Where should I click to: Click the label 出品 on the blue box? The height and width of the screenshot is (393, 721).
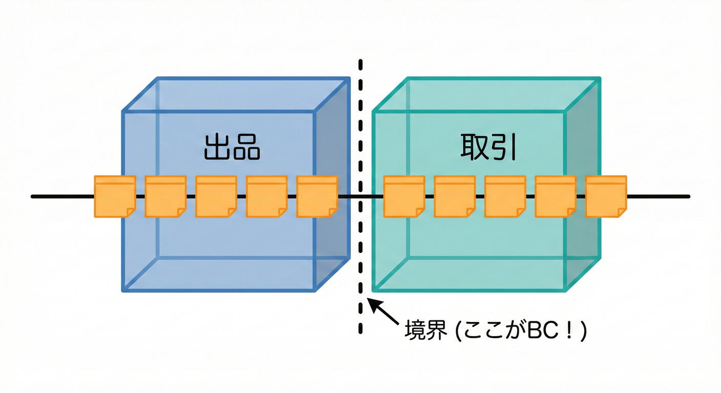pyautogui.click(x=232, y=147)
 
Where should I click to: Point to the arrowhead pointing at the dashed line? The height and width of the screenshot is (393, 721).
pyautogui.click(x=372, y=303)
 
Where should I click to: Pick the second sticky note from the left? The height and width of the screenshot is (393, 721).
pyautogui.click(x=165, y=196)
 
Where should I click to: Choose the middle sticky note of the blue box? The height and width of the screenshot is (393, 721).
pyautogui.click(x=216, y=196)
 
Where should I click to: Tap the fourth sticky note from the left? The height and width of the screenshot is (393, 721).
pyautogui.click(x=267, y=196)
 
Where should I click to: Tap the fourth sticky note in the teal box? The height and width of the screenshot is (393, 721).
pyautogui.click(x=556, y=196)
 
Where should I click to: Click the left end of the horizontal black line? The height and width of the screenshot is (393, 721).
pyautogui.click(x=33, y=196)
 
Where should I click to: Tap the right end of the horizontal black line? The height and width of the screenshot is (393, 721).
pyautogui.click(x=688, y=196)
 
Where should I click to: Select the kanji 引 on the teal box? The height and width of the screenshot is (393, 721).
pyautogui.click(x=504, y=147)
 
